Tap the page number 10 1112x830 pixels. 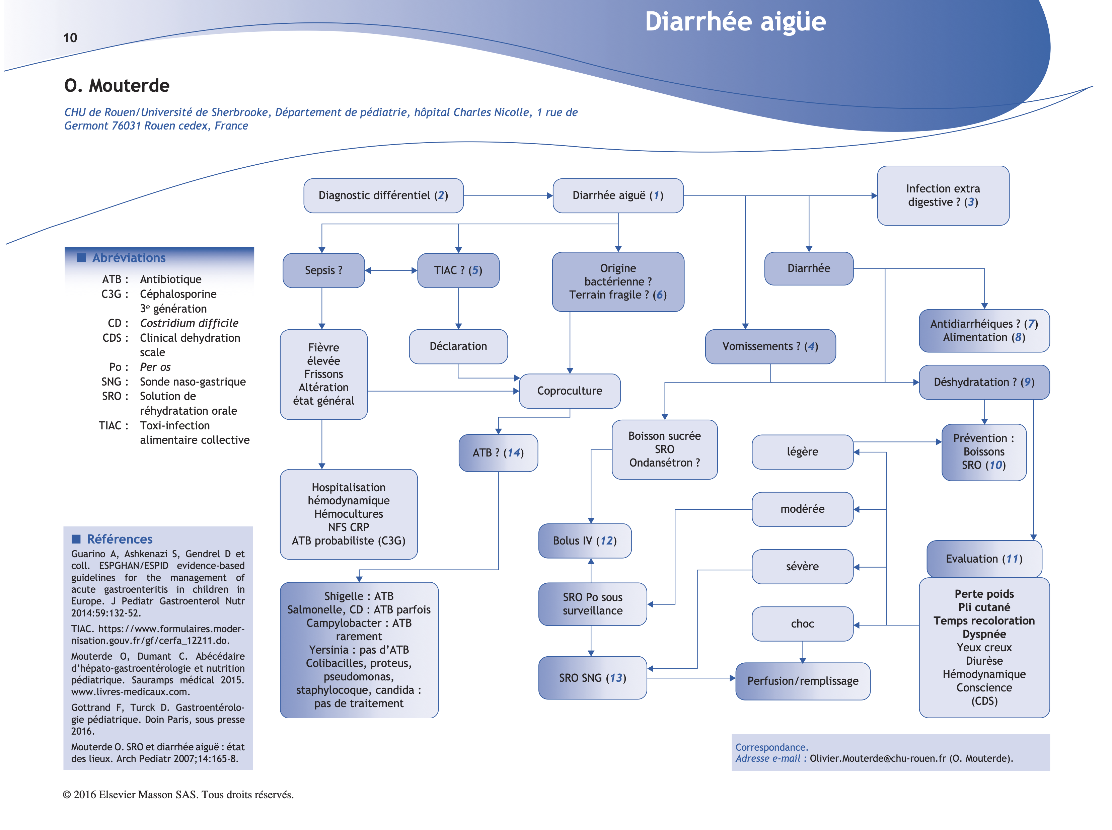tap(70, 38)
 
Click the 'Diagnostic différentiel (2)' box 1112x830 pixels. tap(383, 195)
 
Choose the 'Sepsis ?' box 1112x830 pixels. tap(323, 270)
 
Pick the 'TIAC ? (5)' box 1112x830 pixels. tap(458, 270)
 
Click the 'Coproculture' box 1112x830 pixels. tap(569, 391)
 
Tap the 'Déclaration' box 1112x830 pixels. tap(458, 346)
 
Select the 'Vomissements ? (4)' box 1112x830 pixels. tap(770, 346)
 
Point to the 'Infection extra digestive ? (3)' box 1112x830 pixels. tap(943, 195)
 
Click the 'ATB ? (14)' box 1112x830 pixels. tap(498, 453)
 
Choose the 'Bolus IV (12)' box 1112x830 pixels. tap(584, 541)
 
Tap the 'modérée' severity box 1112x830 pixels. tap(802, 509)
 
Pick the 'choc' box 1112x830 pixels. tap(802, 624)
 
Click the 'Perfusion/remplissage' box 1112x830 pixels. tap(802, 681)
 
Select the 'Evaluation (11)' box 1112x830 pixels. tap(984, 559)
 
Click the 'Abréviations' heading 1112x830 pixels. tap(129, 258)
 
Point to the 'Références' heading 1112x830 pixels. tap(119, 539)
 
